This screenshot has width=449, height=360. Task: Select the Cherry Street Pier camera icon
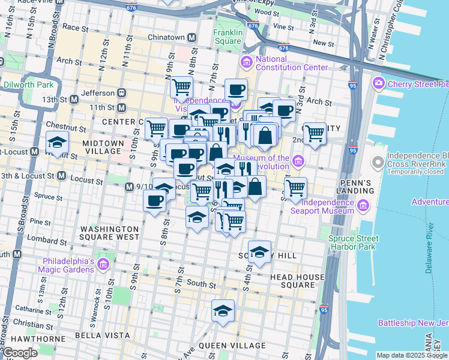[x=378, y=82]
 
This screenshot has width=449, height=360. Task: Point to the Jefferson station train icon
[x=121, y=93]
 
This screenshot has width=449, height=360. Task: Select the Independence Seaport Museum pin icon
[x=363, y=206]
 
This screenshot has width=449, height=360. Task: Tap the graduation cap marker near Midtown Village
[x=57, y=143]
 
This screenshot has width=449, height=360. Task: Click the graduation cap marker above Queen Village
[x=223, y=311]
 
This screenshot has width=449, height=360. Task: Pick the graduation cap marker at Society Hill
[x=259, y=253]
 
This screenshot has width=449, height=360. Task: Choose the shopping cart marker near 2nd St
[x=314, y=133]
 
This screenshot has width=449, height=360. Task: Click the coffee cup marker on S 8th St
[x=155, y=200]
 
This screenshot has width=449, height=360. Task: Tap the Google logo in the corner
[x=19, y=353]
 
